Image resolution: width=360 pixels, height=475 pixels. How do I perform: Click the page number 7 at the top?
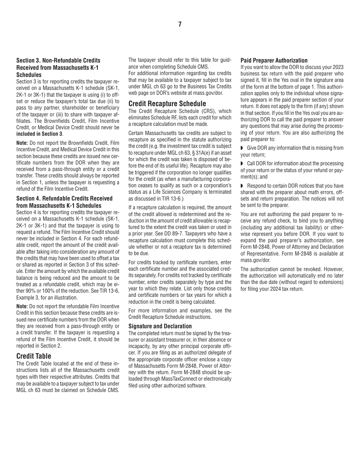click(180, 25)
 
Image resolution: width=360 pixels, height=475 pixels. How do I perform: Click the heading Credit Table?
click(34, 356)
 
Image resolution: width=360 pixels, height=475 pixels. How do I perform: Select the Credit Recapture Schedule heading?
click(167, 103)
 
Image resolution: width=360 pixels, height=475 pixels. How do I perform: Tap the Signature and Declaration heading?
click(160, 326)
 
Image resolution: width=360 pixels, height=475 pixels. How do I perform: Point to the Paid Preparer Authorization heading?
click(274, 60)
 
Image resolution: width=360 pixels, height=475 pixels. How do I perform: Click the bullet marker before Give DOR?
click(242, 148)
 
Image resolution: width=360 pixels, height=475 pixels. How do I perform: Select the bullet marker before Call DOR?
click(242, 163)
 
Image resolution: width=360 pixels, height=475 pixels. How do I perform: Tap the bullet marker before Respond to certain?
click(242, 186)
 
